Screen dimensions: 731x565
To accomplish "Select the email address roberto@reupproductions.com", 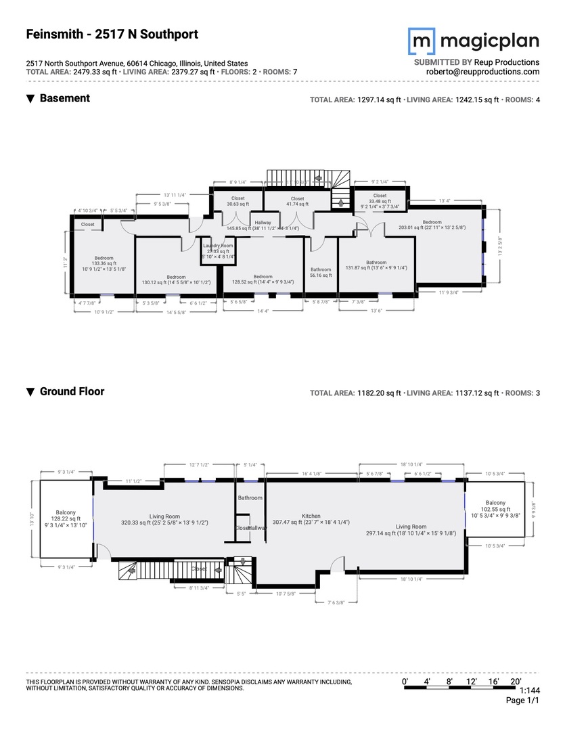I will point(482,72).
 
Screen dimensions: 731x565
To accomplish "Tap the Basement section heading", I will point(64,98).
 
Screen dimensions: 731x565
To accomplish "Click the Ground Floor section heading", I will point(72,391).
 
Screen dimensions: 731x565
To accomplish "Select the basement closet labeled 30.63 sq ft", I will point(238,201).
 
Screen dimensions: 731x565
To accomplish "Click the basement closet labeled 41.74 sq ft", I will point(297,201).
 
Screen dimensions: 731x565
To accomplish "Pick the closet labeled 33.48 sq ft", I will point(380,198).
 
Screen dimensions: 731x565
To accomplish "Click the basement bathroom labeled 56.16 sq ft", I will point(321,272).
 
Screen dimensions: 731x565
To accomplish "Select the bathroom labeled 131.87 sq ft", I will point(376,265).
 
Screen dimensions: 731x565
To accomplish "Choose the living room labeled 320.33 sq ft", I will point(164,519).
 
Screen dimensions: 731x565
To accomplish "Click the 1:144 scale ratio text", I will point(528,690).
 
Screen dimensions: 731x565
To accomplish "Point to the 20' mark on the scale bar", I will point(516,680).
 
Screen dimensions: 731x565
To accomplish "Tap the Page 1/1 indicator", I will point(522,701).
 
